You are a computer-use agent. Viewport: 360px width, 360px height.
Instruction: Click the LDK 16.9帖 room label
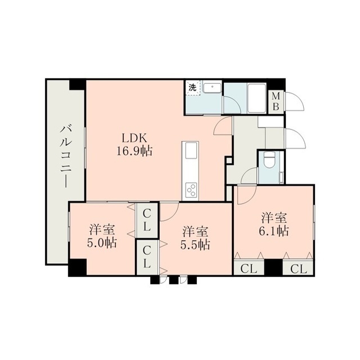point(134,145)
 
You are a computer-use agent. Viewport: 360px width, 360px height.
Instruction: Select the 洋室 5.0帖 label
point(102,236)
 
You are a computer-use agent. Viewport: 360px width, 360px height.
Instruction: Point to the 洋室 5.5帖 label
point(195,238)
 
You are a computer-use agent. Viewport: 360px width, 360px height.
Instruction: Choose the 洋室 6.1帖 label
point(274,224)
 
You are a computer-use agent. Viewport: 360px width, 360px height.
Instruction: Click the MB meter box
point(276,102)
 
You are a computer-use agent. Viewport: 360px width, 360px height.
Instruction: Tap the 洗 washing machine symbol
point(192,88)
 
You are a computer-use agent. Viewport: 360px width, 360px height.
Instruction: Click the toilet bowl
point(269,161)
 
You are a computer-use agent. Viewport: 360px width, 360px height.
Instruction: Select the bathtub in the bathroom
point(256,98)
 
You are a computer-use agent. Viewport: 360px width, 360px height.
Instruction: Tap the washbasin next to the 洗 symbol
point(213,88)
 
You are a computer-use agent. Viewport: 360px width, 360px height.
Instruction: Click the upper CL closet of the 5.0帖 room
point(147,220)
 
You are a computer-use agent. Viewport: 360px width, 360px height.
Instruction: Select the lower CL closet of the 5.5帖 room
point(147,257)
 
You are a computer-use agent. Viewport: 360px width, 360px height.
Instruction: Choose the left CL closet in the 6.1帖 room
point(249,268)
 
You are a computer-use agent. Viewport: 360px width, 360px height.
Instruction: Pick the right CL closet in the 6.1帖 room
point(298,268)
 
